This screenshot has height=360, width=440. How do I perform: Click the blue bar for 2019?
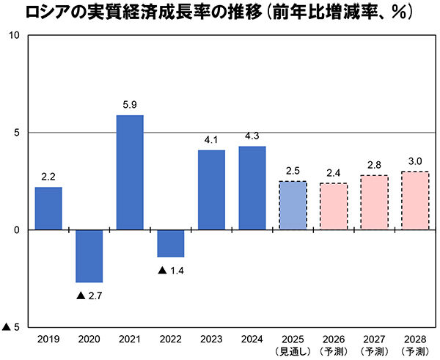[x=48, y=208]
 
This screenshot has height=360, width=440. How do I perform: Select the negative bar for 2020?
[x=89, y=256]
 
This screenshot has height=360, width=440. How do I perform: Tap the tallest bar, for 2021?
[x=130, y=172]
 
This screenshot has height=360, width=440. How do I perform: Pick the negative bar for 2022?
[x=171, y=243]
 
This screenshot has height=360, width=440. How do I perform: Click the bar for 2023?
[x=211, y=190]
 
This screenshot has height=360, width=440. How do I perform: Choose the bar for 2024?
[x=252, y=188]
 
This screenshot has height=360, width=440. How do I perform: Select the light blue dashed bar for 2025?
[x=293, y=205]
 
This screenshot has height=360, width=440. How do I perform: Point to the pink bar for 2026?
[x=334, y=206]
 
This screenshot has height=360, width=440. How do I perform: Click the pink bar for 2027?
[x=375, y=202]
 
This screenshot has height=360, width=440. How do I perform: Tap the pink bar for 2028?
[x=415, y=200]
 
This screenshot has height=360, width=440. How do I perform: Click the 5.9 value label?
[x=130, y=105]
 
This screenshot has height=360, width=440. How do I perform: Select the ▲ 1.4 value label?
[x=171, y=270]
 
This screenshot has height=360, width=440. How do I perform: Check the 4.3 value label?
[x=252, y=136]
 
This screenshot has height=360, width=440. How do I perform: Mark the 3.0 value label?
[x=415, y=161]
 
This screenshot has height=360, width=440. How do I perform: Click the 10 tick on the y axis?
[x=14, y=36]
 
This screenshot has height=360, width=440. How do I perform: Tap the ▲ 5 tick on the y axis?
[x=12, y=327]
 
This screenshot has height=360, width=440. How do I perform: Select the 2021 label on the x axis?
[x=130, y=339]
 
